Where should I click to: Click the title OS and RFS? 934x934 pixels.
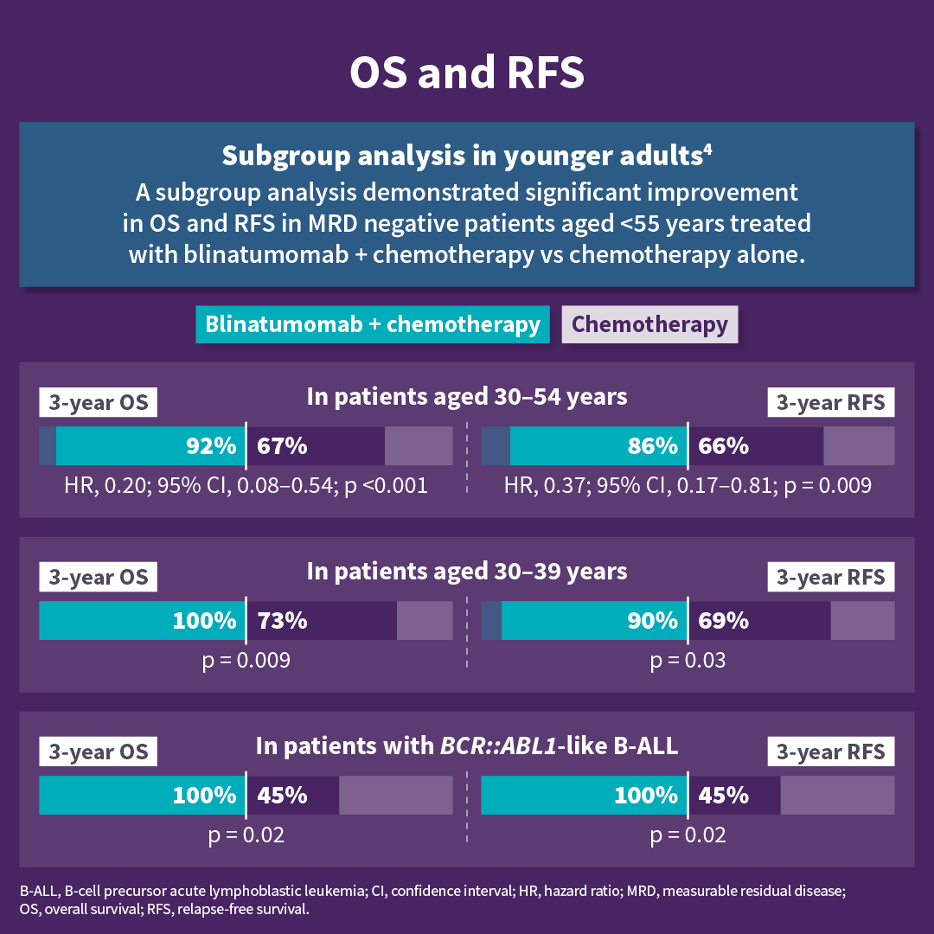pyautogui.click(x=467, y=74)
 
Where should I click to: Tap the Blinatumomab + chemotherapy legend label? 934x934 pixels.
pyautogui.click(x=373, y=324)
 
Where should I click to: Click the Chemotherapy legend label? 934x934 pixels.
pyautogui.click(x=649, y=324)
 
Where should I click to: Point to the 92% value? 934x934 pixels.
pyautogui.click(x=211, y=446)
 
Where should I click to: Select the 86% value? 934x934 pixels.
pyautogui.click(x=652, y=446)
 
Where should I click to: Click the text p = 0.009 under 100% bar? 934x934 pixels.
pyautogui.click(x=246, y=662)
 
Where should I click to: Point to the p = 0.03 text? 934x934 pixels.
pyautogui.click(x=688, y=662)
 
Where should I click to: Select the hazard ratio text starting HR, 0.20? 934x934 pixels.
pyautogui.click(x=246, y=486)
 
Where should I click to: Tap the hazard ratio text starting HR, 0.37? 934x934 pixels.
pyautogui.click(x=688, y=486)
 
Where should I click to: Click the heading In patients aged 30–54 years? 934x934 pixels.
pyautogui.click(x=467, y=397)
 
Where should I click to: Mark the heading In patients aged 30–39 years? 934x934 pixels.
pyautogui.click(x=467, y=572)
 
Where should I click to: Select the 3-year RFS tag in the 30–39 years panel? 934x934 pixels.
pyautogui.click(x=831, y=578)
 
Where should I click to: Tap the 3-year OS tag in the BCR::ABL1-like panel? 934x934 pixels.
pyautogui.click(x=98, y=752)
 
